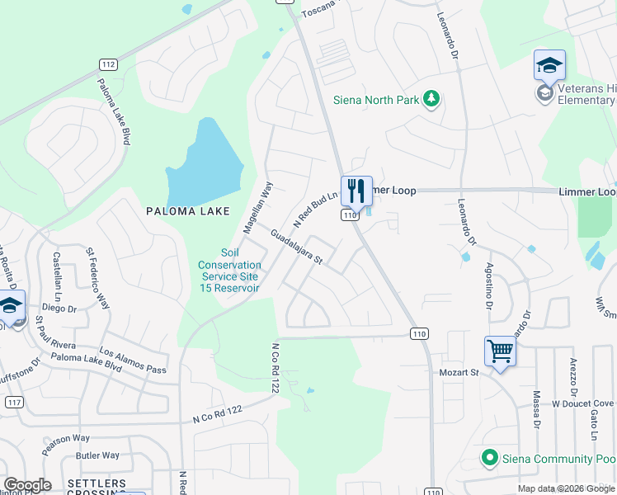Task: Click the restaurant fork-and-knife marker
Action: point(356,191)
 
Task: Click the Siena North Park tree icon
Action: point(431,100)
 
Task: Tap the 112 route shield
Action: point(107,64)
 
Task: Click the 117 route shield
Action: point(12,402)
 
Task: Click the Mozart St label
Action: point(458,373)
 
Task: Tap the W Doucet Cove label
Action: point(583,403)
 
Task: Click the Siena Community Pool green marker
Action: point(489,457)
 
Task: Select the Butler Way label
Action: point(97,455)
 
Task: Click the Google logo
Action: point(27,485)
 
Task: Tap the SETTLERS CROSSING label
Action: point(97,488)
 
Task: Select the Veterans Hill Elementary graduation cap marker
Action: point(550,65)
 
